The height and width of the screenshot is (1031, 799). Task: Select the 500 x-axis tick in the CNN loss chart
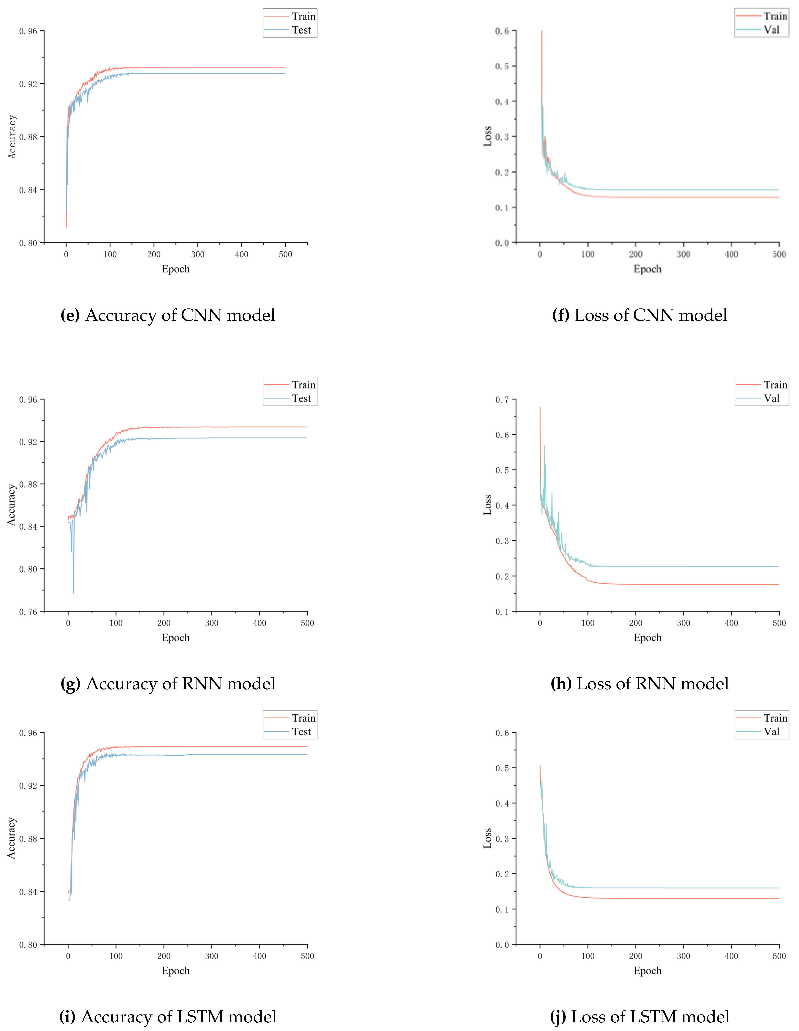click(779, 254)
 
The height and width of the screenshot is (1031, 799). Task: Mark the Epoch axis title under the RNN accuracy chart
click(176, 638)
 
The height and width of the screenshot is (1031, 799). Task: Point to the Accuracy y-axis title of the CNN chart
click(12, 137)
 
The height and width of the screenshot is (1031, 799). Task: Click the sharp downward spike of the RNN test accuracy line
click(73, 592)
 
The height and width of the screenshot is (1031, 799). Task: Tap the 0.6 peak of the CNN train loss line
click(542, 32)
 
